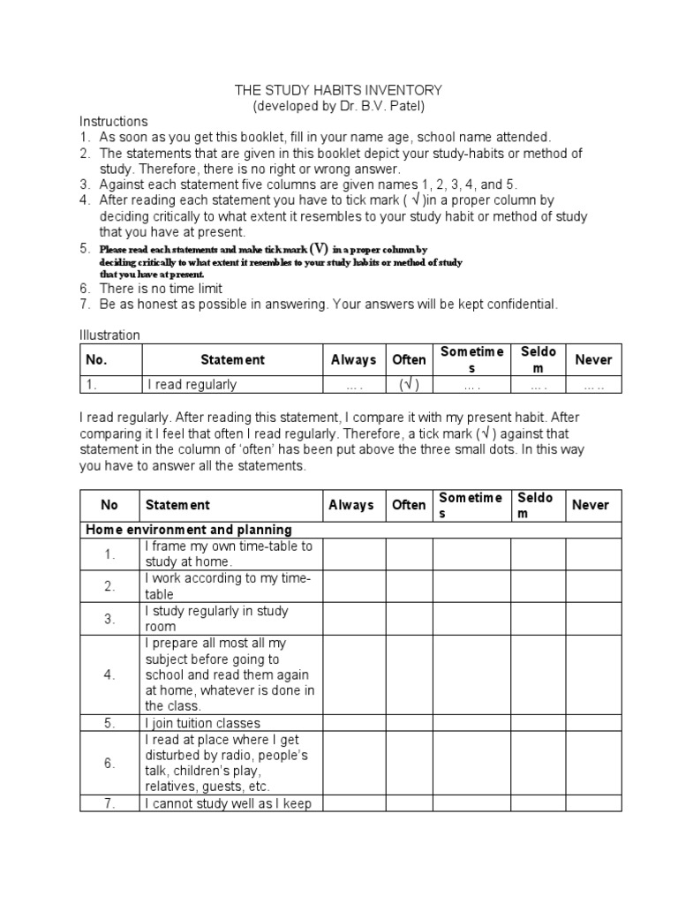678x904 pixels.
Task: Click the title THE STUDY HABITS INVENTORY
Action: pyautogui.click(x=338, y=90)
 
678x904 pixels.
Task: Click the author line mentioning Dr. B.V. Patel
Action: pyautogui.click(x=338, y=106)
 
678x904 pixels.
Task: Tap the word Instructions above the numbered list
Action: pyautogui.click(x=114, y=121)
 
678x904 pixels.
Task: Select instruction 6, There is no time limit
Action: pyautogui.click(x=161, y=289)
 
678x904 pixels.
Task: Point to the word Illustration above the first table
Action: pyautogui.click(x=109, y=335)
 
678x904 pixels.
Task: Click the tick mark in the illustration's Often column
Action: pyautogui.click(x=408, y=385)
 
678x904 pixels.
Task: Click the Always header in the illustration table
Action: pyautogui.click(x=353, y=360)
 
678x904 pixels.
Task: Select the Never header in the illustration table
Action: pyautogui.click(x=593, y=360)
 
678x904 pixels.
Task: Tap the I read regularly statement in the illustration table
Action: pyautogui.click(x=192, y=385)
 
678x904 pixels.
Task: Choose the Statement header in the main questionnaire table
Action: pyautogui.click(x=177, y=505)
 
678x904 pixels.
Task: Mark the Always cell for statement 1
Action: pyautogui.click(x=354, y=554)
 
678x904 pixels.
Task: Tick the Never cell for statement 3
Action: pyautogui.click(x=593, y=619)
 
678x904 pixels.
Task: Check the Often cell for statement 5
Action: pyautogui.click(x=409, y=723)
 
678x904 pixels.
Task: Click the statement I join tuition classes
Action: pyautogui.click(x=203, y=723)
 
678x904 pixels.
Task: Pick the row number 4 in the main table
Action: pyautogui.click(x=109, y=674)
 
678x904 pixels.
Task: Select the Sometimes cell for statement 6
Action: pyautogui.click(x=471, y=763)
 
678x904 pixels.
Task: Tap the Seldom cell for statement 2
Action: pyautogui.click(x=538, y=586)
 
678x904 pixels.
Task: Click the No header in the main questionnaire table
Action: pyautogui.click(x=109, y=505)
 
